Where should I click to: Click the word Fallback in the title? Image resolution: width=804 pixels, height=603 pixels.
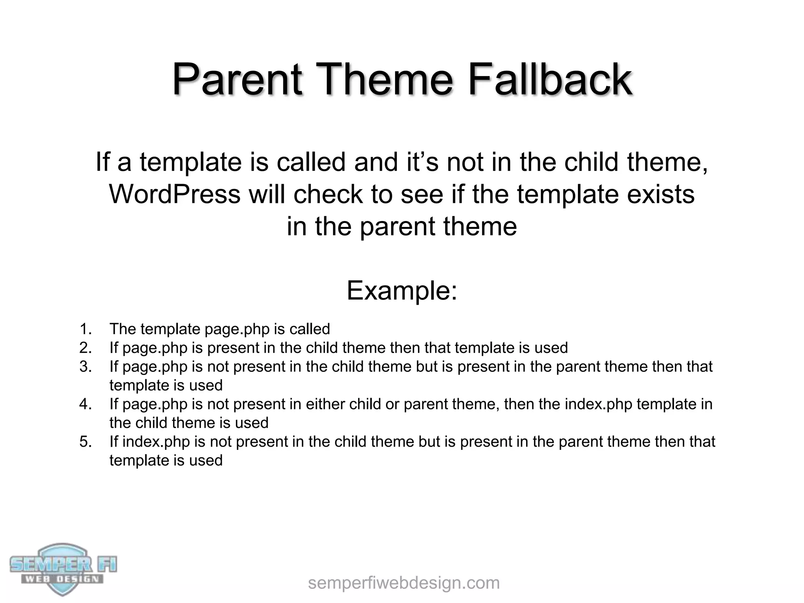click(x=550, y=80)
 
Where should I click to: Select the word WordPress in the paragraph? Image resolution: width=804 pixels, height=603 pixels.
click(x=174, y=194)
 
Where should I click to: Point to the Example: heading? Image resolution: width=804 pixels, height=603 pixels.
click(x=402, y=291)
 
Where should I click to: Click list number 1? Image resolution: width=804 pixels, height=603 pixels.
click(x=86, y=329)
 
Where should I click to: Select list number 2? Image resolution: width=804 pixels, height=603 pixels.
click(x=86, y=348)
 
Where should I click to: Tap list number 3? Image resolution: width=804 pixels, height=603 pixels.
click(x=86, y=367)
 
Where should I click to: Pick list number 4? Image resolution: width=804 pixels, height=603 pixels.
click(x=86, y=404)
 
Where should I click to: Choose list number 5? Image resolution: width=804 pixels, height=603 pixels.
click(x=86, y=442)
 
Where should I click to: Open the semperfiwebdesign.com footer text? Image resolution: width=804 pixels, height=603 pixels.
click(x=404, y=583)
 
